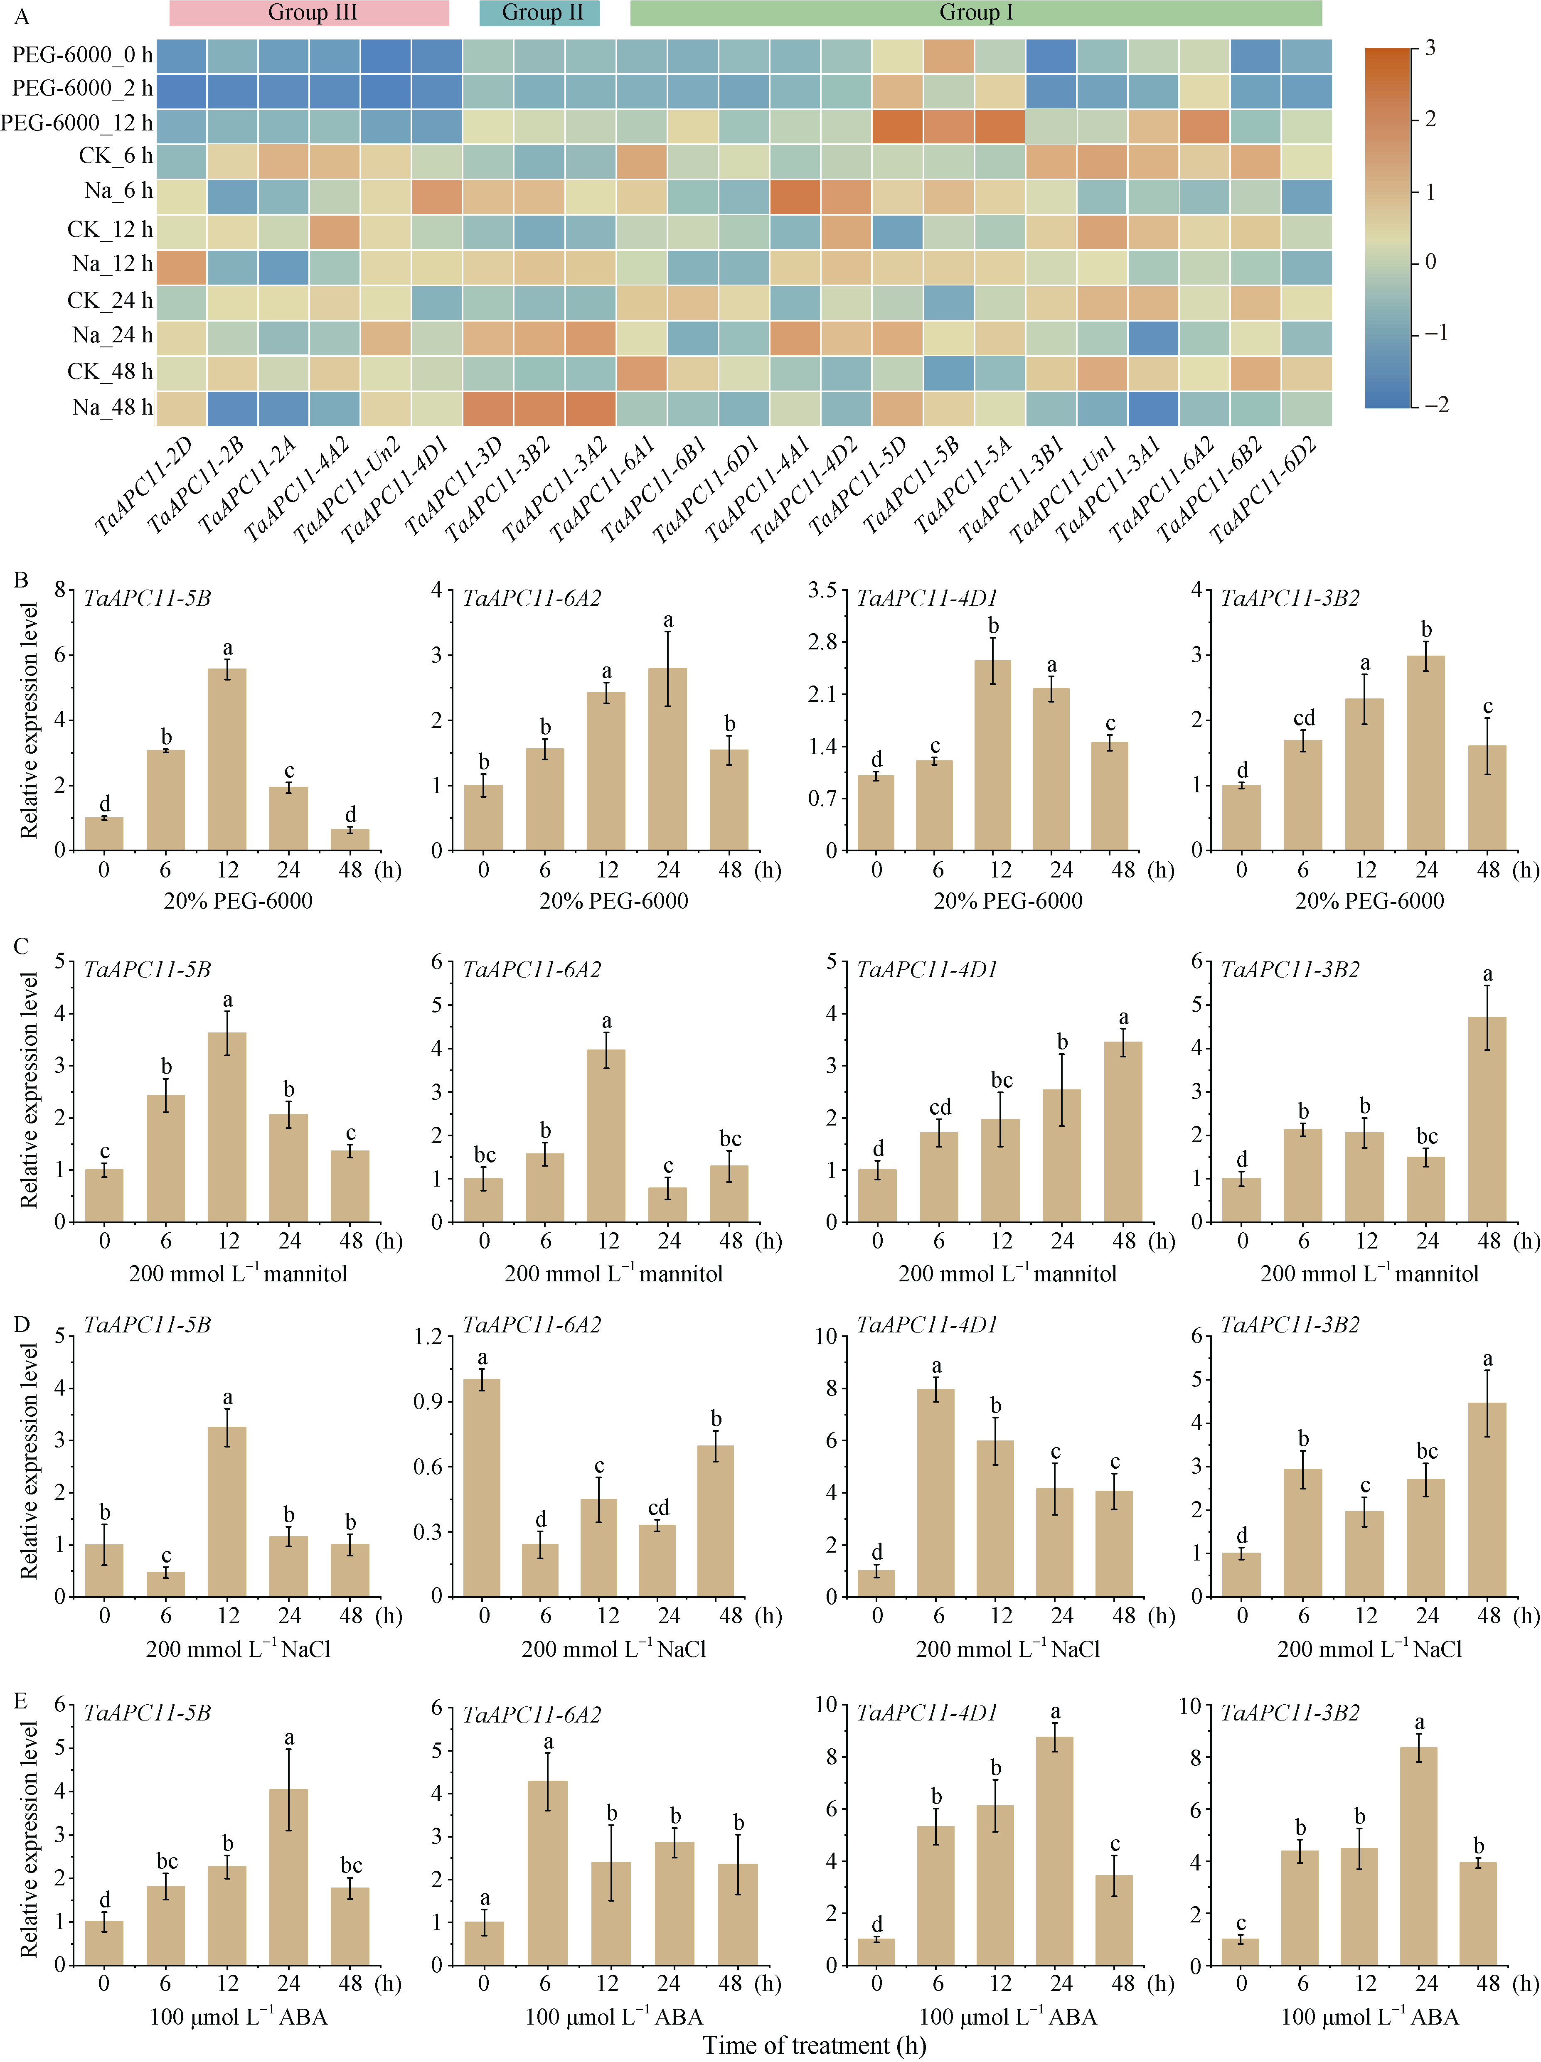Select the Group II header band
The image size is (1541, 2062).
tap(539, 13)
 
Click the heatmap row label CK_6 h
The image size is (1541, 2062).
tap(116, 156)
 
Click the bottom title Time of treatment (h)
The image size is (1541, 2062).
tap(814, 2046)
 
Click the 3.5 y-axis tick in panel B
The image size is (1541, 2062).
tap(821, 590)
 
